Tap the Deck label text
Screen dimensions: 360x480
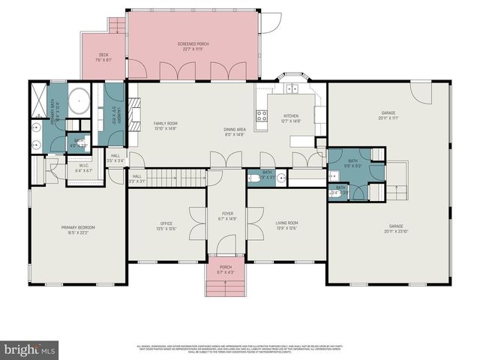[x=104, y=57]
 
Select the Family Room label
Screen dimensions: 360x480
[x=165, y=125]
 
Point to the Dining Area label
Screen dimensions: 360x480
[x=235, y=132]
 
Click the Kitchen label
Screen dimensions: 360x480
[x=291, y=118]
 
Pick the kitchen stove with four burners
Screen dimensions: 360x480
[x=262, y=115]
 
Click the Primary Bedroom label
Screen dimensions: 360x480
[x=78, y=229]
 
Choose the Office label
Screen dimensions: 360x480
[x=166, y=225]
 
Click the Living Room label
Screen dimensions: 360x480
[x=287, y=225]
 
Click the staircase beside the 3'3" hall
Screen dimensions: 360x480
[x=175, y=178]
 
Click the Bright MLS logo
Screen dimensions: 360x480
[x=29, y=349]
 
